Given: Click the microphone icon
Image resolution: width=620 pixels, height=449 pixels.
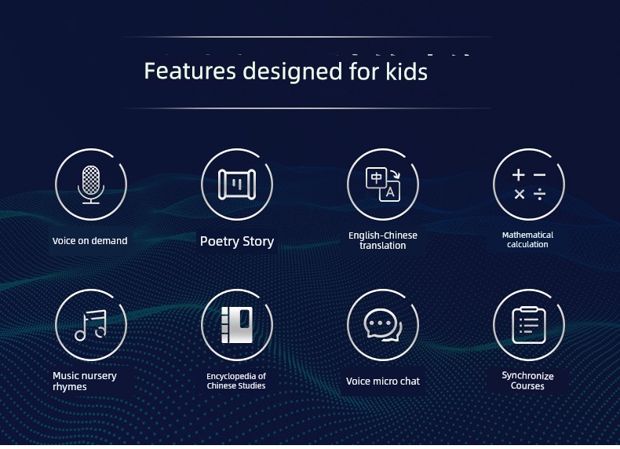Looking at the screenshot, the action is [x=91, y=184].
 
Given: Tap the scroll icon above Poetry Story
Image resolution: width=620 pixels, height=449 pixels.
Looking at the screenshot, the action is [x=237, y=184].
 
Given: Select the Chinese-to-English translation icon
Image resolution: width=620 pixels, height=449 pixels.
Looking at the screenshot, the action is [x=383, y=184].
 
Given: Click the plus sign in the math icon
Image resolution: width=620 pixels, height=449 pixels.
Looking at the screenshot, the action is [x=519, y=175].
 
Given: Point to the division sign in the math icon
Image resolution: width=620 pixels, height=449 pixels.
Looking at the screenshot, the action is [x=539, y=194].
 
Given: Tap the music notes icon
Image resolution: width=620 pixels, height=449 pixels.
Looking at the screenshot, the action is [x=91, y=325].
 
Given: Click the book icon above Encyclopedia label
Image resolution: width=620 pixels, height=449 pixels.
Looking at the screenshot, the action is [x=237, y=325].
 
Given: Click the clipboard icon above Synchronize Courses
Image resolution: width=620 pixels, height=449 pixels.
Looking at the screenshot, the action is [x=529, y=325].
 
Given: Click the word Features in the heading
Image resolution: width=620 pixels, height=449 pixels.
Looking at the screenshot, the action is [x=190, y=71].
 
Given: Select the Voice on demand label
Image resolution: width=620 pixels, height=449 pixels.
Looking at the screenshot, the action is [x=89, y=241].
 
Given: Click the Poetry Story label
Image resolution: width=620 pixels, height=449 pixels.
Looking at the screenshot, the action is [x=237, y=241].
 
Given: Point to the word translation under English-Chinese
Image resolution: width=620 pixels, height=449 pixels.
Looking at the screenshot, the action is [x=383, y=246].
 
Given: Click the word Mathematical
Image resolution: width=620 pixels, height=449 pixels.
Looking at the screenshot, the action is [x=527, y=235].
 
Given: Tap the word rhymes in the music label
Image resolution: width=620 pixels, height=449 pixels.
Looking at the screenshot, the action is [x=70, y=387].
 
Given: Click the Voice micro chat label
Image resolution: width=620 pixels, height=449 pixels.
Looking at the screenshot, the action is [x=383, y=381].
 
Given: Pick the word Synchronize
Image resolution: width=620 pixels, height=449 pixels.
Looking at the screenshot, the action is [x=527, y=376].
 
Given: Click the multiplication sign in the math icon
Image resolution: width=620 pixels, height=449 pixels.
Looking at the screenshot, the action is [x=520, y=194].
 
